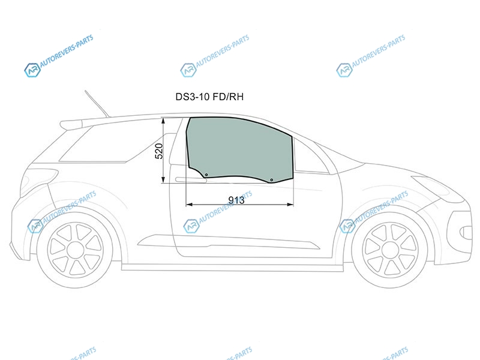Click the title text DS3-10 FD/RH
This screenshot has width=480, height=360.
209,97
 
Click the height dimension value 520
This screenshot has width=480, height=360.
159,151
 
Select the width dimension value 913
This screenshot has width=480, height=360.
236,200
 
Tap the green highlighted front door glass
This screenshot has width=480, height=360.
239,148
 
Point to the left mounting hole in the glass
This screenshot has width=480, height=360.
206,175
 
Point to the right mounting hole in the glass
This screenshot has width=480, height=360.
272,179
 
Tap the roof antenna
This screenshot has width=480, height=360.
97,103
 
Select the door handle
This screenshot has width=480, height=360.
191,179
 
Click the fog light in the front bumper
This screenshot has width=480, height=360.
466,233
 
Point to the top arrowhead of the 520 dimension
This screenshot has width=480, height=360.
164,121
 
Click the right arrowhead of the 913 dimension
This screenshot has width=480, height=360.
290,204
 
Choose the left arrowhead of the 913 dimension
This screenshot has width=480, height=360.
190,204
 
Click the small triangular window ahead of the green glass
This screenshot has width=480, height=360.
309,156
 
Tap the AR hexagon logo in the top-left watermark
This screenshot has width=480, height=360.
32,70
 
